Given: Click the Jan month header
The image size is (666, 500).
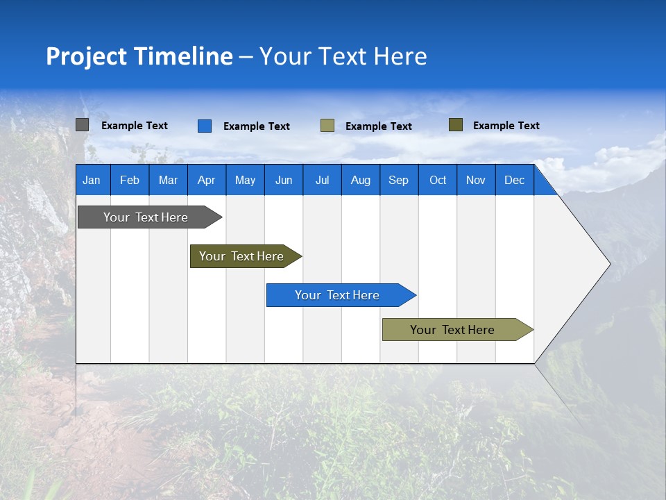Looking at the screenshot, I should (92, 180).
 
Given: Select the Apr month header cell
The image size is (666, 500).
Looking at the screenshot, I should (207, 180).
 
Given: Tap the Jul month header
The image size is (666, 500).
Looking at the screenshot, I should (322, 180).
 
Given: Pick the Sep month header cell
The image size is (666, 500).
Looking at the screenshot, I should (399, 180).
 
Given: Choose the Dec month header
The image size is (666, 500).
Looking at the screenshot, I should (514, 180).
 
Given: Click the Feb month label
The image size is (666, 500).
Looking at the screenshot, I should (130, 180).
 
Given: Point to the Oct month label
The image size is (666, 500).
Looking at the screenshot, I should (438, 180).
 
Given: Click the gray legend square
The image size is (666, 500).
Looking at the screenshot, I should (83, 125).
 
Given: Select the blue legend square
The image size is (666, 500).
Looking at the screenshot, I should (205, 126).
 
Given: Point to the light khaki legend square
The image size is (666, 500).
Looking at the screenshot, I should (327, 126).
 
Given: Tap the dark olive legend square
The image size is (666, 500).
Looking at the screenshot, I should (456, 125).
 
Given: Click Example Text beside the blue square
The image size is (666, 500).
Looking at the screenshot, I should (257, 126).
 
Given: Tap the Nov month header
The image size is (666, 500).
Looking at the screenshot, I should (476, 180).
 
